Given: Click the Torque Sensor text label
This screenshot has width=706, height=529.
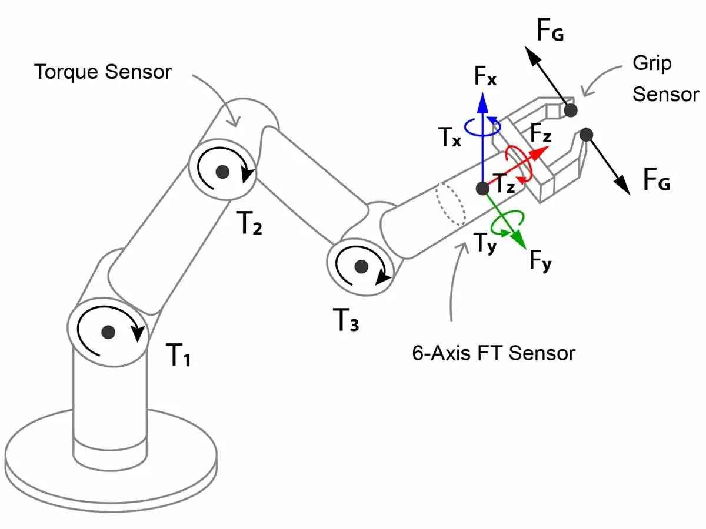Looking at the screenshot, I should [x=103, y=72].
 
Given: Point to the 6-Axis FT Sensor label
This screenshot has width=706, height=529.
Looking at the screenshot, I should [x=494, y=353].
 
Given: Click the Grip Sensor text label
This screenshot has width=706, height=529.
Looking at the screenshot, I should [x=665, y=79].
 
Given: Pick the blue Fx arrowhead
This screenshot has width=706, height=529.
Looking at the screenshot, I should [x=483, y=103].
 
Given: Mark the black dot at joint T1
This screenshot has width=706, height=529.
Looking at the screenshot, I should [x=108, y=332].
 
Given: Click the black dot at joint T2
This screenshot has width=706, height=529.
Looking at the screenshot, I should [x=222, y=172].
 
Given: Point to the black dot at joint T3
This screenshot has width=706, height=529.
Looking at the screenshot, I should [x=362, y=266].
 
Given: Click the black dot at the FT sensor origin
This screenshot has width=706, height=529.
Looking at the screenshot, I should [x=482, y=189].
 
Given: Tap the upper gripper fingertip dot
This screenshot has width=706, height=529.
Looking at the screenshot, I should [x=569, y=109].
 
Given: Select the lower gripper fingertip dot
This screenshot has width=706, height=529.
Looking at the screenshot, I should [x=585, y=135].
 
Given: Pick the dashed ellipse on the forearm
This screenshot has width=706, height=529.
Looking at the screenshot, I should [x=451, y=204].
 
